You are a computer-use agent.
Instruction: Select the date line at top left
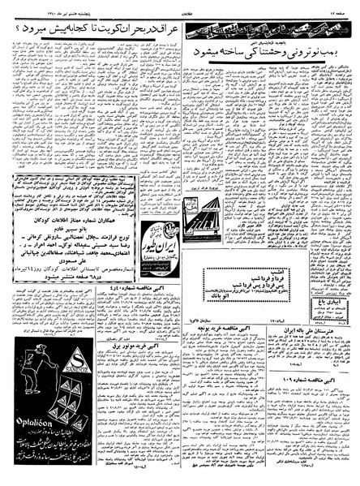click(x=32, y=8)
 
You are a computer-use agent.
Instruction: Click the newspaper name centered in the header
click(x=180, y=8)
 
